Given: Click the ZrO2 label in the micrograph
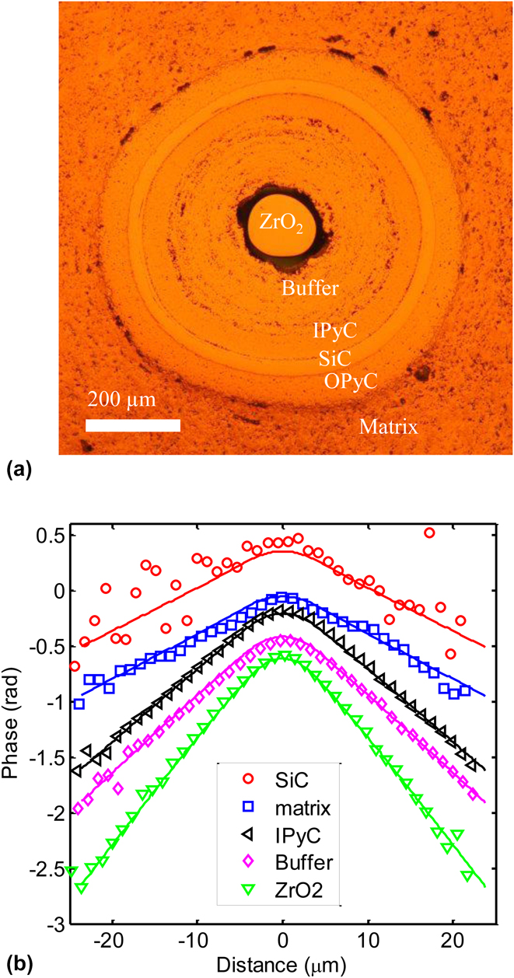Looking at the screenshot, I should (281, 225).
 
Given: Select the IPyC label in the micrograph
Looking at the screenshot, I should (334, 331).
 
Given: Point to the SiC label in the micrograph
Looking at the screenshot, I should (335, 358).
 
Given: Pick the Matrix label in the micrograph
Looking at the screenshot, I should (388, 426).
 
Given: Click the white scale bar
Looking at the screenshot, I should (132, 424).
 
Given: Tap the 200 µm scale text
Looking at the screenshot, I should (121, 401).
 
